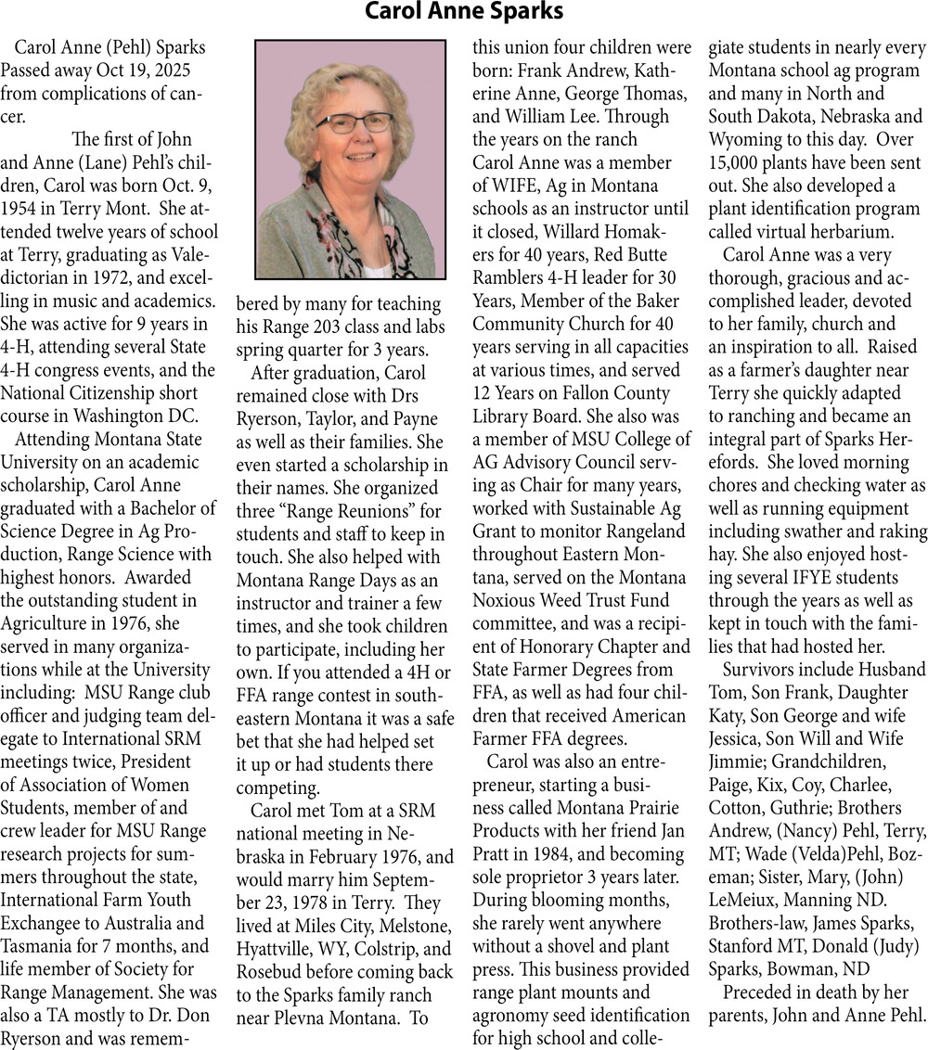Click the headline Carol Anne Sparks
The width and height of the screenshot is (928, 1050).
pos(463,12)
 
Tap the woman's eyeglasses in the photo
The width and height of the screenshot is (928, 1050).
pos(354,122)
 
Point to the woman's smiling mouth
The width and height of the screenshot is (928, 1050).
pos(355,164)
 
